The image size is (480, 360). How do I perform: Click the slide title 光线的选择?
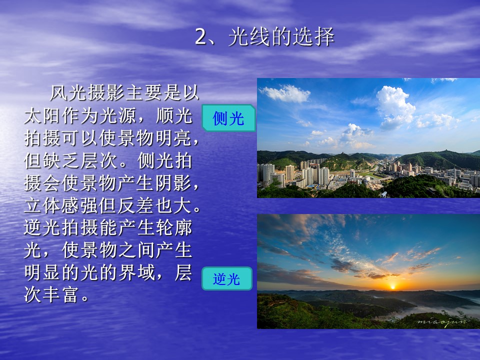tap(281, 36)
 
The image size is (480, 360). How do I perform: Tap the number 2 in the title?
tap(201, 37)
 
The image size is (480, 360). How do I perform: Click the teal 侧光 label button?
tap(228, 118)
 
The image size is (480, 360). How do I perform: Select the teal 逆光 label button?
tap(227, 278)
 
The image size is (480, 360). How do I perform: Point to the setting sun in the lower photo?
tap(392, 287)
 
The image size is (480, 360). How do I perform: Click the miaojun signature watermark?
tap(441, 321)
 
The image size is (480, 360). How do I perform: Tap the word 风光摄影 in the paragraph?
tap(87, 93)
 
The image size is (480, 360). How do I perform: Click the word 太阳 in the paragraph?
tap(43, 115)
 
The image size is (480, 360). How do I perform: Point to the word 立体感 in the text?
tap(52, 205)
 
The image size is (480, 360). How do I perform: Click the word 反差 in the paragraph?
tap(136, 205)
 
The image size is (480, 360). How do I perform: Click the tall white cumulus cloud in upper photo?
tap(395, 106)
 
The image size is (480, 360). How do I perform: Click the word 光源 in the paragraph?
tap(118, 115)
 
